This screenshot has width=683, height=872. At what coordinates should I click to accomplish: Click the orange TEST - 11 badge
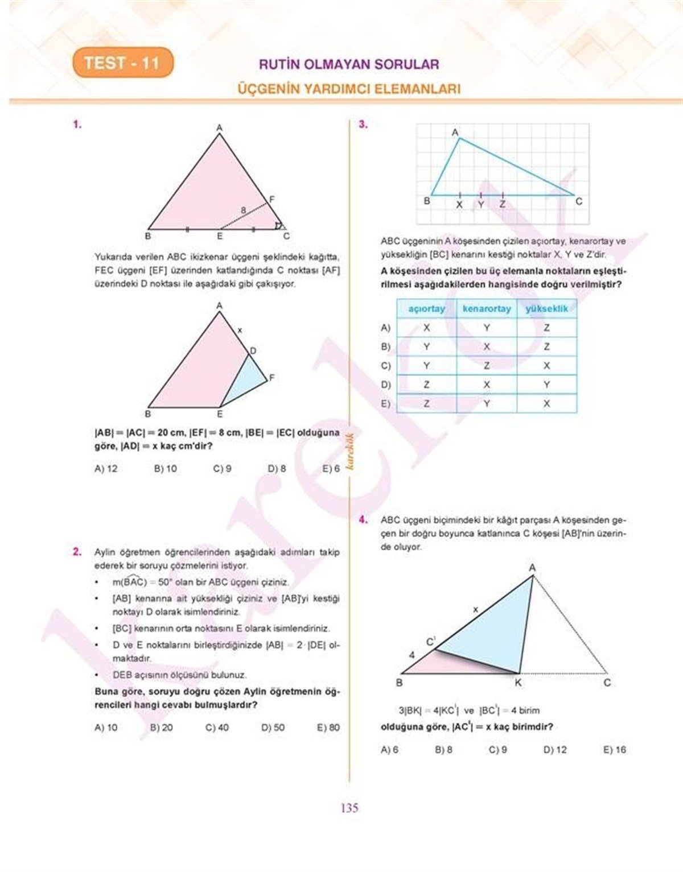pyautogui.click(x=122, y=63)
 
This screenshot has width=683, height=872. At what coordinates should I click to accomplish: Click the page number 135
pyautogui.click(x=349, y=808)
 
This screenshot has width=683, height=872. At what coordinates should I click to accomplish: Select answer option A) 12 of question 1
pyautogui.click(x=106, y=469)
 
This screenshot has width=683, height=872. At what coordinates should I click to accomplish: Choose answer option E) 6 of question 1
pyautogui.click(x=331, y=469)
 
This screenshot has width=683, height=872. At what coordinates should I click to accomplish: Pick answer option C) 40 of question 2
pyautogui.click(x=217, y=728)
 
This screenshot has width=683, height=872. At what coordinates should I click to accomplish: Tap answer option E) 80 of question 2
pyautogui.click(x=328, y=728)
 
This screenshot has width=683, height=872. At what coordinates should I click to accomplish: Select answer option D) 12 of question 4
pyautogui.click(x=555, y=750)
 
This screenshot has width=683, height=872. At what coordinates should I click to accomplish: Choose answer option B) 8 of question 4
pyautogui.click(x=443, y=750)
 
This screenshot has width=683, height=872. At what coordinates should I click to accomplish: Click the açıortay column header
pyautogui.click(x=426, y=309)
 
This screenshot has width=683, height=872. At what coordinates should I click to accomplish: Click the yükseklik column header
pyautogui.click(x=546, y=309)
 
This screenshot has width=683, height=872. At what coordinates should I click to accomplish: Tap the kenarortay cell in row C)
pyautogui.click(x=487, y=366)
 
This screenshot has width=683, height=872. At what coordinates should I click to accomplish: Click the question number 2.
pyautogui.click(x=77, y=551)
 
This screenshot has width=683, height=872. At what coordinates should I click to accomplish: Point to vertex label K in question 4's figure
pyautogui.click(x=518, y=683)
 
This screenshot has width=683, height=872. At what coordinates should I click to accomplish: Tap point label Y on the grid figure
pyautogui.click(x=481, y=204)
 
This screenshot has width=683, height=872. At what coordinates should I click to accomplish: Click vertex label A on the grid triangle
pyautogui.click(x=455, y=133)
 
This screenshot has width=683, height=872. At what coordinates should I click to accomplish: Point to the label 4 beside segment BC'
pyautogui.click(x=412, y=655)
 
